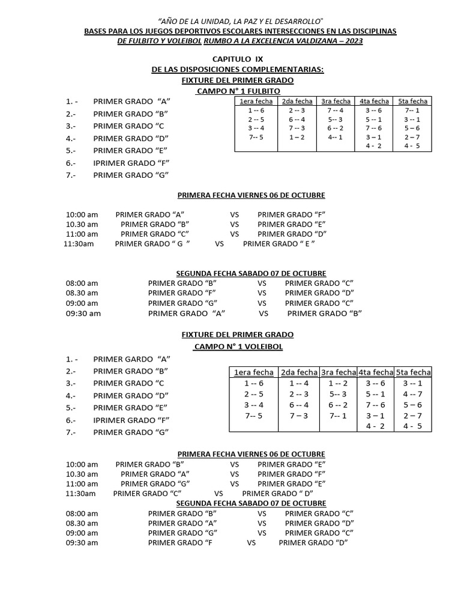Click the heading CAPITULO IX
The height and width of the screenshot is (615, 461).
coord(238,59)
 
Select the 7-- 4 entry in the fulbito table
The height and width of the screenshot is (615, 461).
coord(336,111)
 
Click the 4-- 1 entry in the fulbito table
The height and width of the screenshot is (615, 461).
coord(336,137)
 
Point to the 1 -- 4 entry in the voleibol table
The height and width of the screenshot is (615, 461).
coord(299,383)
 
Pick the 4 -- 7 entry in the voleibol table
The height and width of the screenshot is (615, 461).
coord(412,394)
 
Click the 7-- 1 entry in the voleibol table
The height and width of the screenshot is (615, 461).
coord(338,416)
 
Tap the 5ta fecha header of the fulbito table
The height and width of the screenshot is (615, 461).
coord(413,101)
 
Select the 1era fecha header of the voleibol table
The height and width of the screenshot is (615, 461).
coord(253,372)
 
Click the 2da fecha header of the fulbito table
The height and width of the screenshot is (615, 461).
coord(297,101)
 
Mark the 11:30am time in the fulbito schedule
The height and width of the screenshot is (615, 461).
coord(79,244)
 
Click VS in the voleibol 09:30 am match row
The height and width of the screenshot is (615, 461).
coord(251,542)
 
